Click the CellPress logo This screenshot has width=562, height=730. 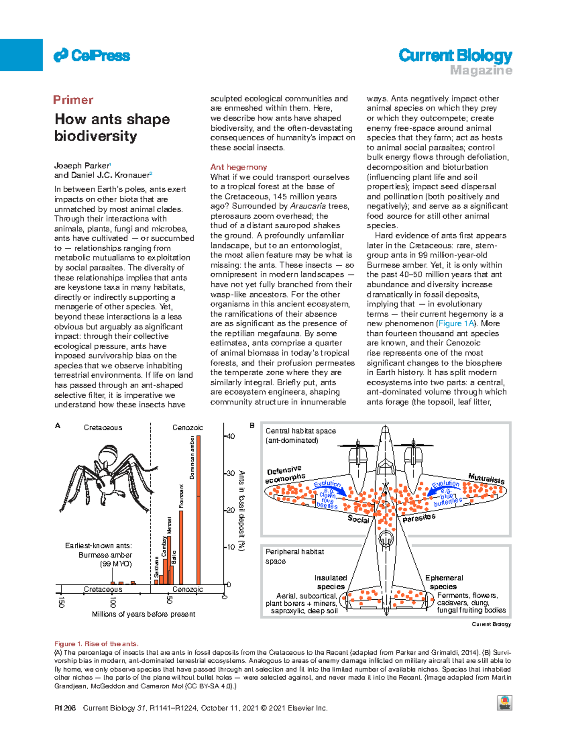click(x=92, y=56)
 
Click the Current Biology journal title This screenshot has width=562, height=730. click(x=455, y=56)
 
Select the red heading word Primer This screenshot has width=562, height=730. click(x=73, y=100)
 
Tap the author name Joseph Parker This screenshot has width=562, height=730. click(x=81, y=165)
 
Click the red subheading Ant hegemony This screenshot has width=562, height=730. click(x=238, y=167)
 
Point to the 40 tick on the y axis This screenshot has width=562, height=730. click(x=230, y=436)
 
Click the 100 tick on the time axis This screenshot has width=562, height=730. click(x=113, y=601)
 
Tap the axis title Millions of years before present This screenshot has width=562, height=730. click(x=143, y=614)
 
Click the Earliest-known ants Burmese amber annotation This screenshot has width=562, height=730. click(x=99, y=555)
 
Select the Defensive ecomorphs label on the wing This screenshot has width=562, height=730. click(x=285, y=474)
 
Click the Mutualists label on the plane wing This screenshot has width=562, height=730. click(x=486, y=478)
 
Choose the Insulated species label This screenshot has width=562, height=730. click(x=331, y=582)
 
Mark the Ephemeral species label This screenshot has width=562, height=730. click(x=444, y=582)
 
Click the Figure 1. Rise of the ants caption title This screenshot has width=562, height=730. click(x=96, y=644)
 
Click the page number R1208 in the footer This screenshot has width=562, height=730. click(x=65, y=708)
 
